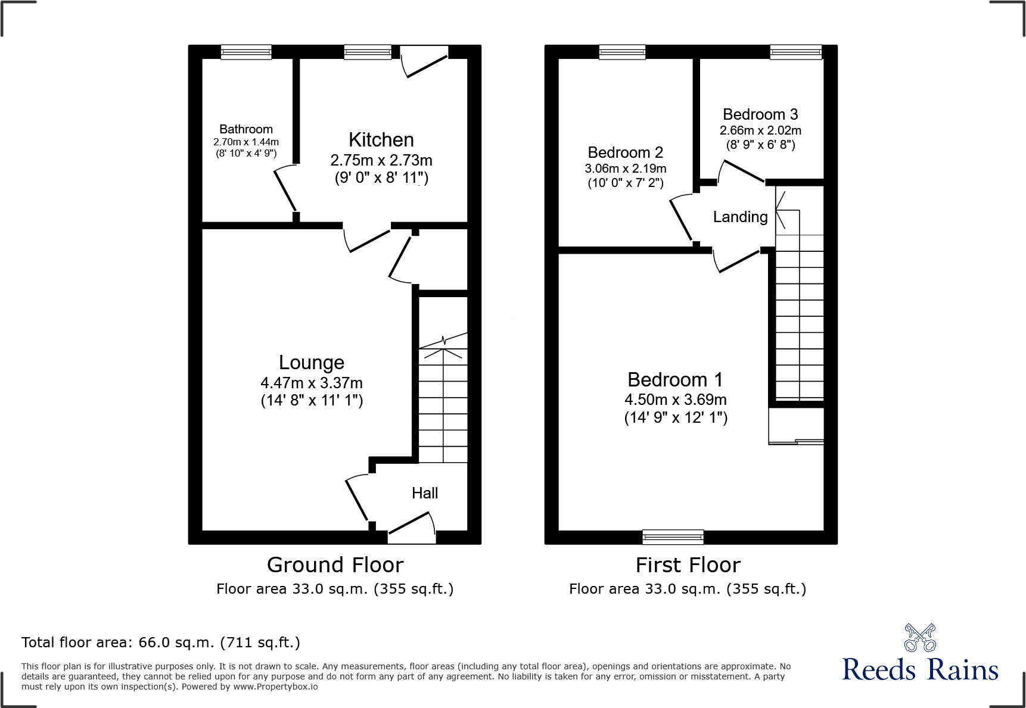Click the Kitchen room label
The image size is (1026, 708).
tap(381, 140)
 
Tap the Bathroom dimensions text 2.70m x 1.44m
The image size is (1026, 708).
tap(246, 142)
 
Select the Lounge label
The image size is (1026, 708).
tap(311, 363)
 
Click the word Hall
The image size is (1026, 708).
tap(425, 493)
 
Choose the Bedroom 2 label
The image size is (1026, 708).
tap(625, 153)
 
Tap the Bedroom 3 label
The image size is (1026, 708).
tap(760, 114)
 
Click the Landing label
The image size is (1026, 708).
tap(740, 217)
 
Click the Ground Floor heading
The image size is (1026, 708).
tap(335, 564)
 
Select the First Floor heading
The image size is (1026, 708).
tap(688, 564)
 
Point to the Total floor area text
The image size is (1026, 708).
tap(161, 642)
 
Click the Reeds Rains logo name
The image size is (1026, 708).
tap(920, 670)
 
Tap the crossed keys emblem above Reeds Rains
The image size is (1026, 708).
tap(920, 638)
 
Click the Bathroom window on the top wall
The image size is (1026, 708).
tap(246, 52)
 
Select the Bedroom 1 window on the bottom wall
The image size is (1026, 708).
tap(673, 537)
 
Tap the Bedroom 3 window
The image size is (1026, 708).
tap(795, 52)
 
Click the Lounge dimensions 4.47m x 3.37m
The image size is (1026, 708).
tap(311, 383)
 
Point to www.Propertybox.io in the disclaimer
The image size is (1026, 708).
tap(275, 687)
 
